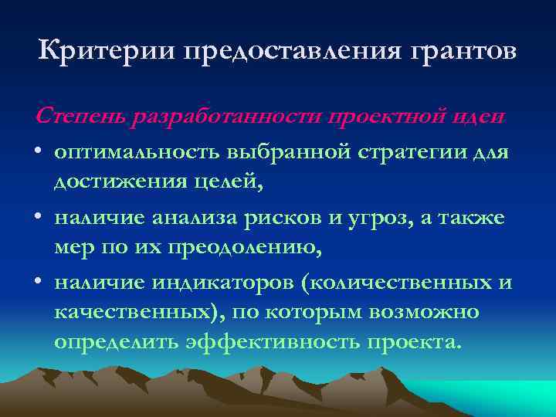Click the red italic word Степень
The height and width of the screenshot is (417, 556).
[81, 116]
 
